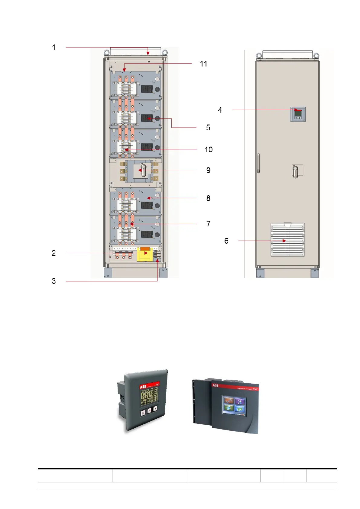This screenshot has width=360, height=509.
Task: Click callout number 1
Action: click(x=54, y=47)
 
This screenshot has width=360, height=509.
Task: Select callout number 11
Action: click(x=203, y=64)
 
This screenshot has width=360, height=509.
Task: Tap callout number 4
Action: click(x=220, y=110)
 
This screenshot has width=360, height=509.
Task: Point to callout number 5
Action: click(x=208, y=128)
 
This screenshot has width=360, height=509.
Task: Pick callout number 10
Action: click(x=208, y=150)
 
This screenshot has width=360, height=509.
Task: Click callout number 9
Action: click(x=208, y=170)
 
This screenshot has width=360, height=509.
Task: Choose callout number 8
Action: click(x=208, y=198)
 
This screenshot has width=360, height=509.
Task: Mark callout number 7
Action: click(x=208, y=224)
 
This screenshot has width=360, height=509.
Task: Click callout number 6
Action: click(x=226, y=241)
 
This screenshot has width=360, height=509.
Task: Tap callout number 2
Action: click(x=54, y=253)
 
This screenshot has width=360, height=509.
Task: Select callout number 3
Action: click(x=54, y=281)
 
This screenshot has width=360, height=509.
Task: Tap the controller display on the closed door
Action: click(x=298, y=114)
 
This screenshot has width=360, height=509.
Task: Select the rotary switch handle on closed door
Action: click(x=296, y=171)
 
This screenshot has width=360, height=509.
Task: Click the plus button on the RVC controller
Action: click(x=155, y=409)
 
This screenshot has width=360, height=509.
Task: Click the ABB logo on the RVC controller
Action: click(x=143, y=387)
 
